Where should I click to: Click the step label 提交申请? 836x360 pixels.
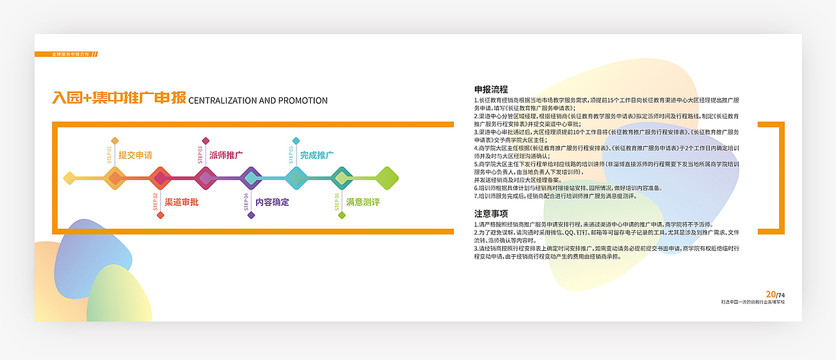tap(135, 155)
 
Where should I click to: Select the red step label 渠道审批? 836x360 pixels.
tap(181, 203)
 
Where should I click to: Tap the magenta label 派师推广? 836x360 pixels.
tap(226, 155)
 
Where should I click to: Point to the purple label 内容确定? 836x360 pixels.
tap(272, 203)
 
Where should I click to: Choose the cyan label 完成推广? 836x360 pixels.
tap(317, 155)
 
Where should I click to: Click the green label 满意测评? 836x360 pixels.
tap(362, 203)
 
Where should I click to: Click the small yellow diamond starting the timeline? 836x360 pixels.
tap(69, 177)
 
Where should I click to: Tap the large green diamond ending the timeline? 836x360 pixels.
tap(387, 177)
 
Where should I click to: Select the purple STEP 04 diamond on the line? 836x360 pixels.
tap(251, 177)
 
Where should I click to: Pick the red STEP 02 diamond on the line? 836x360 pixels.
tap(160, 177)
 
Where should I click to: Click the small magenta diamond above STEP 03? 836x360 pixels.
tap(206, 140)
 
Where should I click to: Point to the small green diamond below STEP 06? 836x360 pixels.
tap(342, 215)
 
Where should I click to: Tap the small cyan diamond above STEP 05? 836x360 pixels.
tap(297, 140)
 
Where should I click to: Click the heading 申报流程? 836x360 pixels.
tap(491, 90)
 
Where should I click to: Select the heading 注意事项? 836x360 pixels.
tap(491, 214)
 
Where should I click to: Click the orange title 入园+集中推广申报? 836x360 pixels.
tap(119, 99)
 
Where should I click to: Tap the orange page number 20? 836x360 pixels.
tap(770, 295)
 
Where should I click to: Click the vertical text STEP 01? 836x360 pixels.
tap(109, 154)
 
